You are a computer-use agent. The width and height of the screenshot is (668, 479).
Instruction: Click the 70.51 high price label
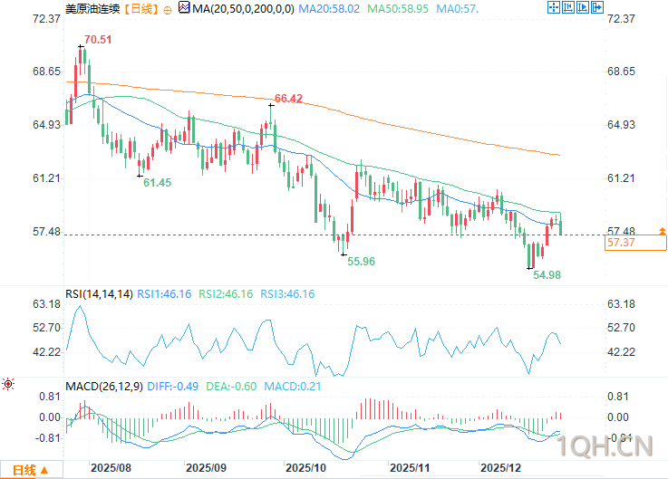coord(99,40)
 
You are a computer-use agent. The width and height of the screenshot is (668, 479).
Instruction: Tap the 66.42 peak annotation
coord(288,98)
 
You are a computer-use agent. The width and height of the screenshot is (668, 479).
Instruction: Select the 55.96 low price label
coord(362,261)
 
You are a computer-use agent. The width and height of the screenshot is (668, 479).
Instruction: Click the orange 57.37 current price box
coord(620,243)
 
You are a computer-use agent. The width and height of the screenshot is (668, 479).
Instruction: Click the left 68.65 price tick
coord(45,72)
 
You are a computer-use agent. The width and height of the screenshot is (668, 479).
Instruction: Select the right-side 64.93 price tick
coord(624,125)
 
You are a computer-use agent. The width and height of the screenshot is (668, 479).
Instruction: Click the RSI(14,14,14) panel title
coord(99,294)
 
